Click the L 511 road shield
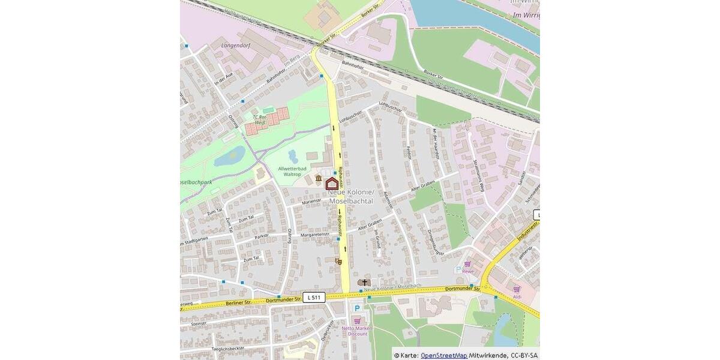(x=314, y=297)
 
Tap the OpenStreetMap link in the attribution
(x=443, y=355)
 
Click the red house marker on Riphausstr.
(x=332, y=184)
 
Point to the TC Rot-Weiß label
(x=259, y=119)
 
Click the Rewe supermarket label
(x=467, y=271)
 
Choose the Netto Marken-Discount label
(x=358, y=331)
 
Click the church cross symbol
(x=364, y=282)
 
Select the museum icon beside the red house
(x=317, y=179)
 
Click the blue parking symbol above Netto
(x=357, y=308)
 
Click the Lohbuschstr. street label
(x=351, y=116)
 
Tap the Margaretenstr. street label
(x=315, y=235)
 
